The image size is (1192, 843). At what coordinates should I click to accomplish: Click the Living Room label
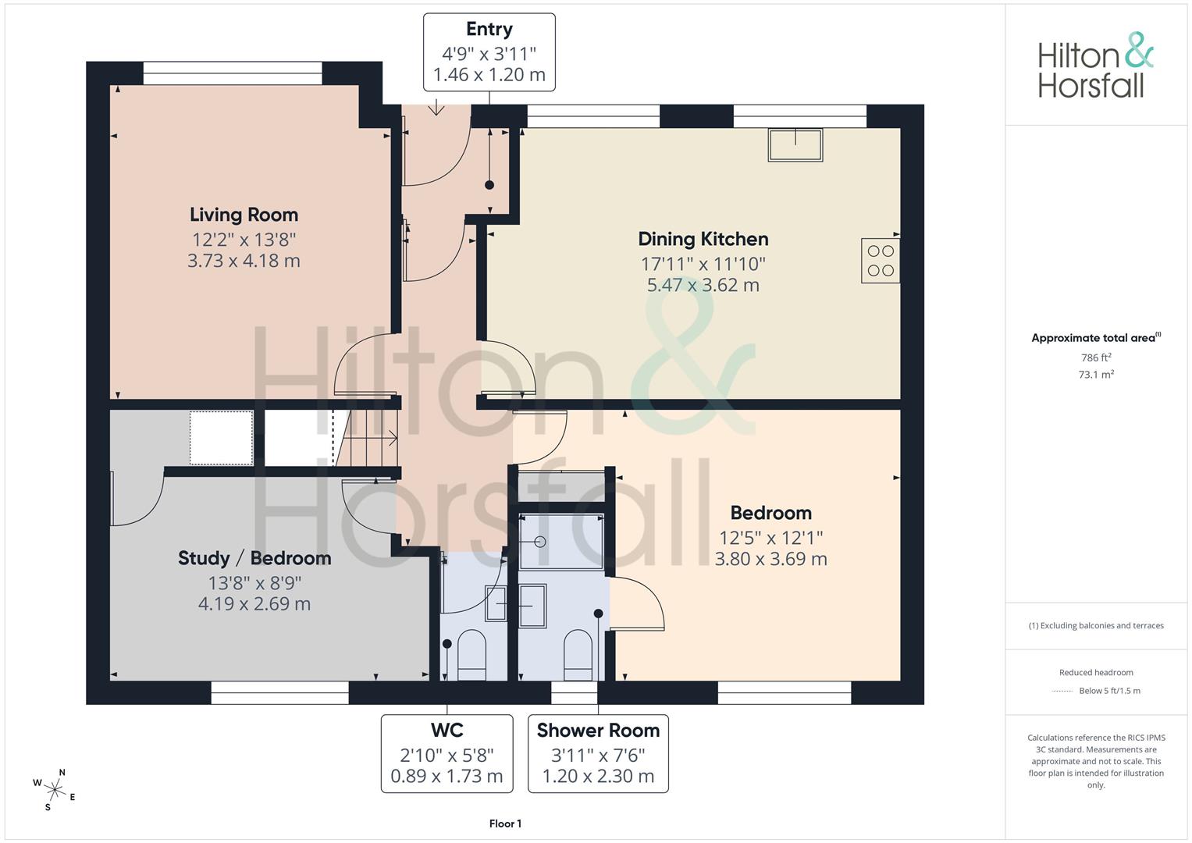point(244,215)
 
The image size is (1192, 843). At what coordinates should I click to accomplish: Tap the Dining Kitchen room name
point(703,239)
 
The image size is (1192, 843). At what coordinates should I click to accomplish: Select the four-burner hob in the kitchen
point(881,260)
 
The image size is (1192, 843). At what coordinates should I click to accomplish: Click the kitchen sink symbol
point(795,144)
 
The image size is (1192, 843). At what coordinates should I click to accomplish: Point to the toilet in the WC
point(471,655)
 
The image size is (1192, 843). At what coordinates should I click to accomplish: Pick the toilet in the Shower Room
point(578,655)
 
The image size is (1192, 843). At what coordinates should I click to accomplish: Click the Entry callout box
point(489,52)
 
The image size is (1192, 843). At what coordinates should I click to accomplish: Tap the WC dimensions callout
point(447,753)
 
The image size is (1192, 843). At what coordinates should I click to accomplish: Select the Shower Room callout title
point(598,731)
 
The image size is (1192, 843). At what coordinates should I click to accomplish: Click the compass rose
point(55,790)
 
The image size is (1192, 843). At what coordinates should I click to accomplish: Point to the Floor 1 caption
point(505,823)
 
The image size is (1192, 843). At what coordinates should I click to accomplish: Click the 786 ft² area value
point(1096,357)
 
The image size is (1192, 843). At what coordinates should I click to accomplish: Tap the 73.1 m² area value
point(1096,374)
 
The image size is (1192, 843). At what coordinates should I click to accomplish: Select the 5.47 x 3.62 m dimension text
point(703,285)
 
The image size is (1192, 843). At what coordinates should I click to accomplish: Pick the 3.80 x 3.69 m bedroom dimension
point(770,560)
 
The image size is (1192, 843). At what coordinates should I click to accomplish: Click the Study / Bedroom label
point(254,558)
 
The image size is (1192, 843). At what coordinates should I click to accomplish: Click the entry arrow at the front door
point(436,107)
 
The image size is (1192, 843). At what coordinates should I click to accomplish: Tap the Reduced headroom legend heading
point(1096,673)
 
